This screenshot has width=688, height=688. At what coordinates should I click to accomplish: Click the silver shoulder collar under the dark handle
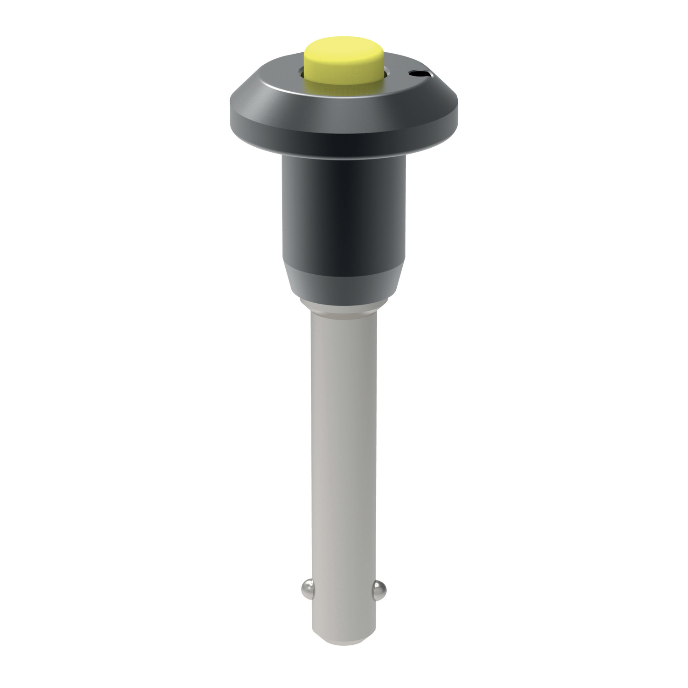coord(344,305)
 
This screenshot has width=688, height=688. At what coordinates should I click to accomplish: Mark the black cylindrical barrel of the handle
coord(344,211)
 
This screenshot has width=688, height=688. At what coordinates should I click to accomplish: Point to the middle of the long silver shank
coord(344,436)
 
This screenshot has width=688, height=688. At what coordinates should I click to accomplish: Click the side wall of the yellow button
coord(344,73)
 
